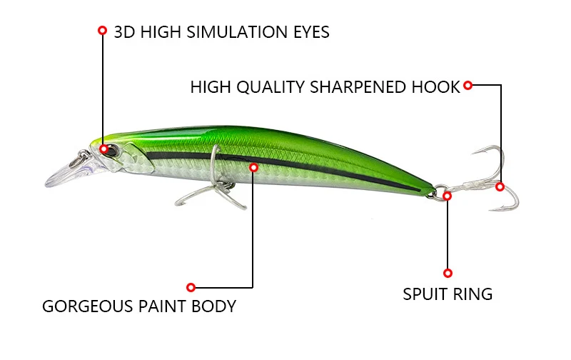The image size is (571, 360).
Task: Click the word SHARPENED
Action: [346, 87]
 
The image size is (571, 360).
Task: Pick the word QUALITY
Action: [273, 87]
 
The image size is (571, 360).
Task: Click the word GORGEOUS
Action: [88, 306]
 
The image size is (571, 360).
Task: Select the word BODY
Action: [213, 306]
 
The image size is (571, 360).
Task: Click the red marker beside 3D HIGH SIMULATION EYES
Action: [102, 31]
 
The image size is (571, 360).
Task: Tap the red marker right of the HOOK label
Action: [468, 86]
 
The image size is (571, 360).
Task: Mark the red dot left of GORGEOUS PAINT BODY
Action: [191, 287]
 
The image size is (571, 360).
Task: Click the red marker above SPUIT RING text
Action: [448, 273]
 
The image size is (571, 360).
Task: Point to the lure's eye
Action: [105, 149]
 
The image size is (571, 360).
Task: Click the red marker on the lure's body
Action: [253, 167]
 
